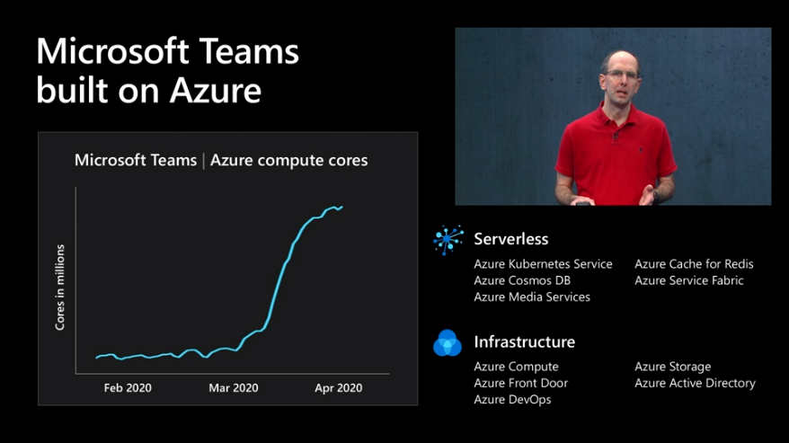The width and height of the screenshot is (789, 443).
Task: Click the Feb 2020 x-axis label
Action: tap(128, 387)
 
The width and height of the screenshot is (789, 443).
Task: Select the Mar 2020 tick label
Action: tap(234, 387)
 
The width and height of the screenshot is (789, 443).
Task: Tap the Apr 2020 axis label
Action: tap(338, 387)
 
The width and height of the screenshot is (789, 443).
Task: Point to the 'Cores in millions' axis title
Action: tap(60, 288)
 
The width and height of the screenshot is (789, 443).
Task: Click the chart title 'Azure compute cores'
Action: tap(288, 160)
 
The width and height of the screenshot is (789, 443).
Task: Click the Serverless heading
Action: tap(510, 239)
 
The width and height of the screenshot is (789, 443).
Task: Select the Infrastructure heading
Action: tap(524, 341)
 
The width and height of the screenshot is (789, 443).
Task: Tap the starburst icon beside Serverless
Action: tap(448, 240)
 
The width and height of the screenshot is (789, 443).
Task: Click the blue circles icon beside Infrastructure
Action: tap(448, 343)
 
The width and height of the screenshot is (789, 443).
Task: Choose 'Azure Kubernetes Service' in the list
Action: tap(543, 264)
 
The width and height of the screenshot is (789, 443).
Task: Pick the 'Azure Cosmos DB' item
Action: tap(522, 280)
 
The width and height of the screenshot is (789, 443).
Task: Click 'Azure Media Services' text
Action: tap(532, 297)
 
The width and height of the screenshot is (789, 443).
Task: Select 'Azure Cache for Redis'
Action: tap(694, 264)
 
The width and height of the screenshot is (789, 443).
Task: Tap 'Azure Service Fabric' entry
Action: tap(689, 280)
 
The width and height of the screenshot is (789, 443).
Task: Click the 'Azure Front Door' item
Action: tap(521, 383)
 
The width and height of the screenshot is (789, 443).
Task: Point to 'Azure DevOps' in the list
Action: tap(512, 400)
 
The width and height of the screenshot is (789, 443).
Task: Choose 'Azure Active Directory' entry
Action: tap(695, 383)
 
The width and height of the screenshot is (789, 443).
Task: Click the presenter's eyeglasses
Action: tap(622, 75)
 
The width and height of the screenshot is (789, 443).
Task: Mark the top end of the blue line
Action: tap(342, 207)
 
